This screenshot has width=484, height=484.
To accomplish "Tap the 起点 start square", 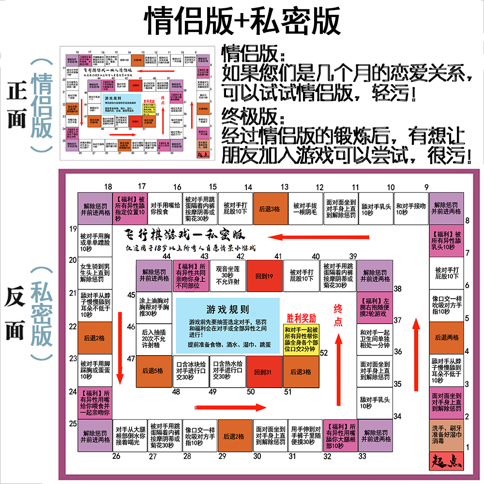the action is coord(446,459).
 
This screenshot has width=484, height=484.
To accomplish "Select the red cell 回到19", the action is coord(264,276).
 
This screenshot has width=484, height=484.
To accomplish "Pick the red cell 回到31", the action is coord(264,371).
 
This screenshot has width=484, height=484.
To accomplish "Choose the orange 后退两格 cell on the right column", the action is coord(446,337).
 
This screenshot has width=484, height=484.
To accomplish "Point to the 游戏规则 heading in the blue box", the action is coord(227,310).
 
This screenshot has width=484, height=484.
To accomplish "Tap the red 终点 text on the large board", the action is coord(338,316).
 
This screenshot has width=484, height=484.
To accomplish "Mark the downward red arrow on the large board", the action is coord(120,353).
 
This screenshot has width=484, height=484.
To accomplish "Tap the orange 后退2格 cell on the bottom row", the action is coord(234,436).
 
